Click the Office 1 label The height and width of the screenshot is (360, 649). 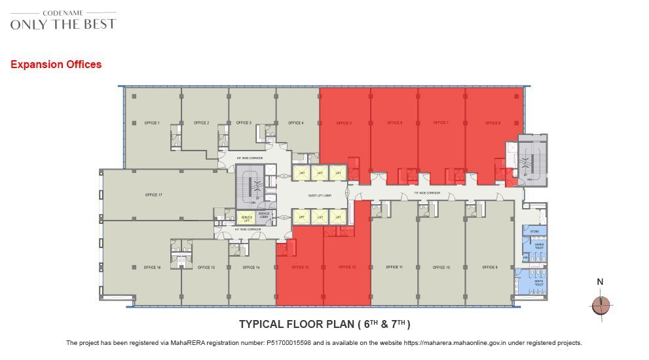(x=153, y=123)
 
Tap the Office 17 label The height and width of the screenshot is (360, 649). (x=153, y=195)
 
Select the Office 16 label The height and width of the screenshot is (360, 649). (x=152, y=268)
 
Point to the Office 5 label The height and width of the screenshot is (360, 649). (x=344, y=123)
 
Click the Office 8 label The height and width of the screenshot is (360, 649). (x=493, y=123)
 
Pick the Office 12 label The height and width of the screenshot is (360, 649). (x=347, y=268)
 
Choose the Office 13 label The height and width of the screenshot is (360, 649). (x=300, y=268)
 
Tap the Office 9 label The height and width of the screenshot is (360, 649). (x=490, y=268)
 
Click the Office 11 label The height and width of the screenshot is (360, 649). (x=394, y=268)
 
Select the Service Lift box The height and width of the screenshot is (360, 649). (x=246, y=218)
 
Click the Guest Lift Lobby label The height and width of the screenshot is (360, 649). (x=320, y=195)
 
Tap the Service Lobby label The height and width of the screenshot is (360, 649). (x=264, y=215)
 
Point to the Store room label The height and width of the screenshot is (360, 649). (x=534, y=231)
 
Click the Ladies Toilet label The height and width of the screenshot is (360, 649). (x=539, y=245)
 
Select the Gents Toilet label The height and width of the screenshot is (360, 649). (x=539, y=284)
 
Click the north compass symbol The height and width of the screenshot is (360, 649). (x=601, y=305)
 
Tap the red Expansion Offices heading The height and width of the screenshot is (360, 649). (x=56, y=65)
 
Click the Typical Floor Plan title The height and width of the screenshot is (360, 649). (x=324, y=324)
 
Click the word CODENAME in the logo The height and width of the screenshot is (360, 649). (x=64, y=12)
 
